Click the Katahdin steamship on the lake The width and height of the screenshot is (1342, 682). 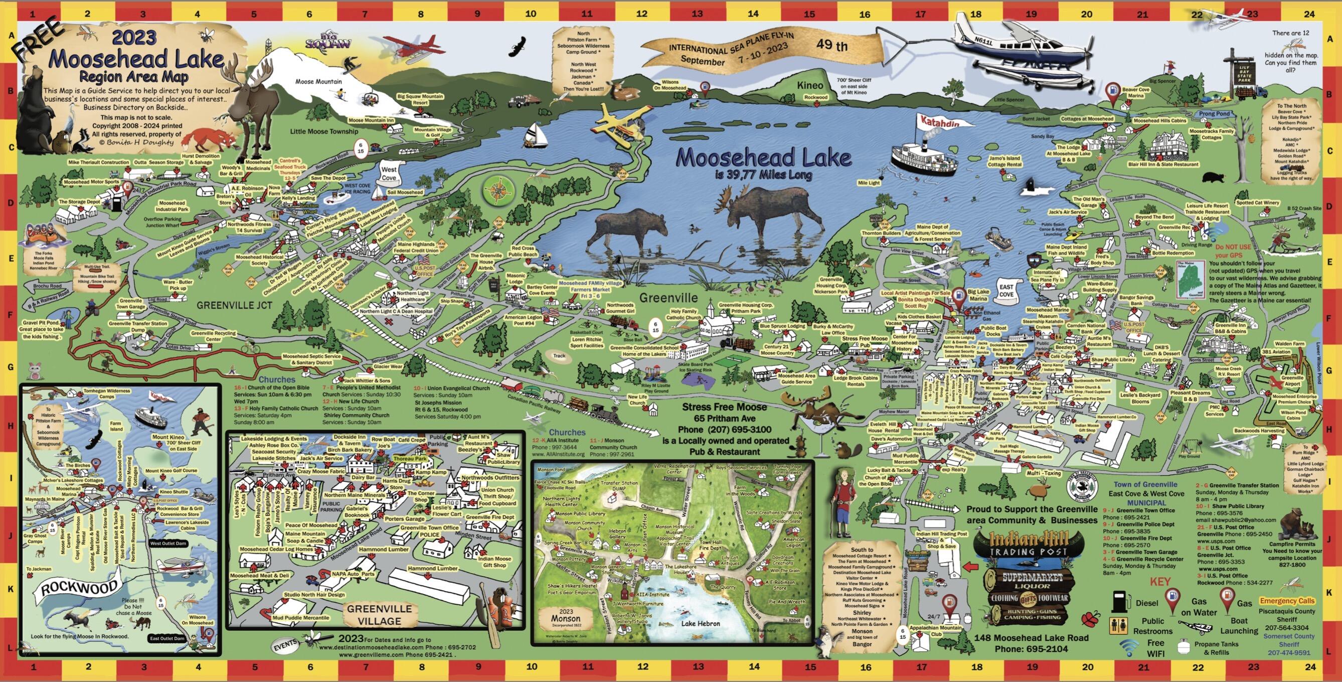924,159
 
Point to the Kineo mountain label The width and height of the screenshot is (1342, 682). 810,85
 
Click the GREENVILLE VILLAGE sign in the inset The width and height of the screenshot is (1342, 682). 379,615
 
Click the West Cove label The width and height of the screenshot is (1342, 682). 389,173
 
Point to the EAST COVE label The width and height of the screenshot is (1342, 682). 1006,291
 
